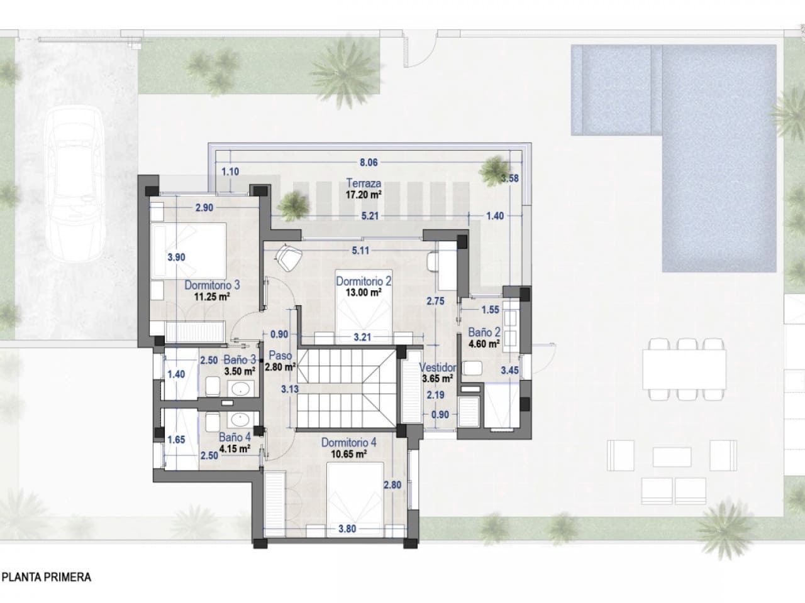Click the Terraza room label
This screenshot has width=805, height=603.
point(364,183)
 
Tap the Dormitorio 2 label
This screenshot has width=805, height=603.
point(364,281)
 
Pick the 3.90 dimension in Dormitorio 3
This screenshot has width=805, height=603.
point(176,257)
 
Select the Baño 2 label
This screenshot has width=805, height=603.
point(484,332)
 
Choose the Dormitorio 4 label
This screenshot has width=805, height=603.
point(348,442)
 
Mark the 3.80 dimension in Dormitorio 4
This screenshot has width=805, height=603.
point(347,528)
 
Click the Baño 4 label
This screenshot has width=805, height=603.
point(235,437)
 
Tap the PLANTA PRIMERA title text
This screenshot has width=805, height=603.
point(47,577)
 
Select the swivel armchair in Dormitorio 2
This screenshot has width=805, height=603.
point(289,256)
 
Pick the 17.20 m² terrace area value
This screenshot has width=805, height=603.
point(364,195)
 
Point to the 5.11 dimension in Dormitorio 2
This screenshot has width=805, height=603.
point(360,251)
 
